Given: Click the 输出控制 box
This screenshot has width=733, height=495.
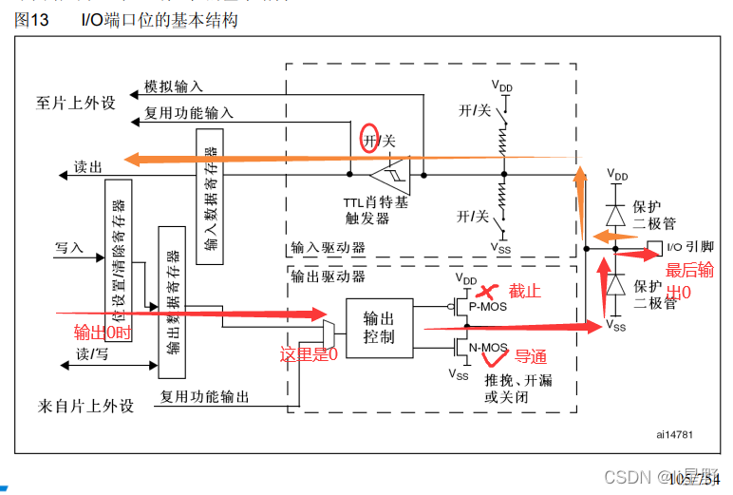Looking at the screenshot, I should [x=379, y=328].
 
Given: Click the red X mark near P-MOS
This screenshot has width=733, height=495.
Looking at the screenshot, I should [x=488, y=291].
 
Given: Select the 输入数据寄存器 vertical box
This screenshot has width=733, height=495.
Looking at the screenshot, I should [x=210, y=193].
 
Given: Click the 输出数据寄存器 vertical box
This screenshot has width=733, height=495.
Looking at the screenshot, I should [x=172, y=303].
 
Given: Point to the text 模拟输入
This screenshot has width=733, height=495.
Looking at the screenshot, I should [x=173, y=86].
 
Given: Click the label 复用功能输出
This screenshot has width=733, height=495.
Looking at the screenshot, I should [x=204, y=397].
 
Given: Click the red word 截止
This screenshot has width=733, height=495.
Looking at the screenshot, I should [x=525, y=291].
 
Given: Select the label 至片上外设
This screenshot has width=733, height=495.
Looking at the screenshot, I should [x=76, y=103].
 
